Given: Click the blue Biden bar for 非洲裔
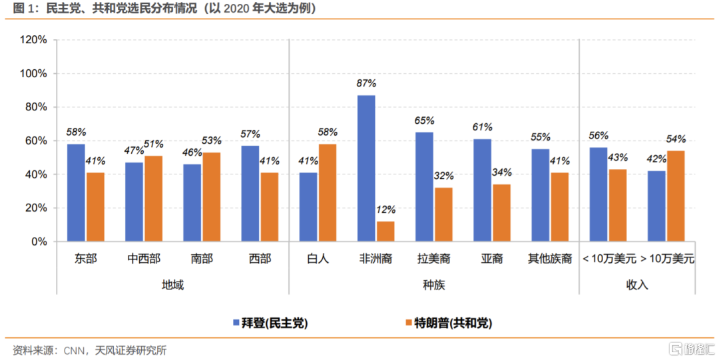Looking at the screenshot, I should (366, 168).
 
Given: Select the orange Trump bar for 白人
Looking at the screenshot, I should (328, 193).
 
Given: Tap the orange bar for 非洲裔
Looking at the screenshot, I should (385, 232).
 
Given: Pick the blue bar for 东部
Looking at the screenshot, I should (76, 193).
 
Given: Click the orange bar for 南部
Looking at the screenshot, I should (211, 197).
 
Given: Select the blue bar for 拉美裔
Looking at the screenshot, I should (424, 187).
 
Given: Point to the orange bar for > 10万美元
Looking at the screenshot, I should (676, 196).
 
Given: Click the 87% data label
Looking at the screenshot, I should (366, 84).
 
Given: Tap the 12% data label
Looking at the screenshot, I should (385, 210).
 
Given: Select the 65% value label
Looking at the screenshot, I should (424, 120).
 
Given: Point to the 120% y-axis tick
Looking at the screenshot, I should (33, 40).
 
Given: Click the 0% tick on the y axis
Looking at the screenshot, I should (39, 242).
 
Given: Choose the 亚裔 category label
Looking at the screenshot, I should (492, 259).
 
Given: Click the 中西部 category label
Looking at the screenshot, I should (144, 259).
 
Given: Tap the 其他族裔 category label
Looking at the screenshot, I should (550, 259).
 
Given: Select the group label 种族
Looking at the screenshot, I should (434, 285).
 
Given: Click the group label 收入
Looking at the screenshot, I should (637, 285).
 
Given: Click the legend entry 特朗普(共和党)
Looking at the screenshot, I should (453, 323).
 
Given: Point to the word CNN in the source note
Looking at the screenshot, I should (74, 350).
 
